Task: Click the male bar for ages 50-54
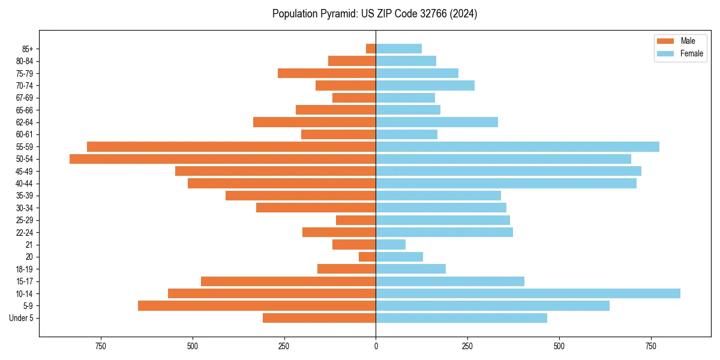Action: [x=223, y=159]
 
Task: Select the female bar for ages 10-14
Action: [x=528, y=293]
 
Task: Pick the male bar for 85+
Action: [x=371, y=49]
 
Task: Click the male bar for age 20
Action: [x=367, y=257]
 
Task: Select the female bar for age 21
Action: [x=391, y=244]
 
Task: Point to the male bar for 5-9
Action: [x=257, y=305]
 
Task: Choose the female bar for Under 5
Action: [x=461, y=318]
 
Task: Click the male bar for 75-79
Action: [x=326, y=73]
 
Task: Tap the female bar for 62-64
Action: [x=437, y=122]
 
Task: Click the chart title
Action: [x=374, y=14]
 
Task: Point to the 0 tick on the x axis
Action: [x=376, y=346]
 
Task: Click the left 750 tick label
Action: [x=100, y=346]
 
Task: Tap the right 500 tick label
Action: [x=559, y=346]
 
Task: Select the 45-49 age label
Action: [x=24, y=171]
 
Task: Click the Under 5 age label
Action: [x=21, y=318]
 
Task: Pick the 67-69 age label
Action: [x=24, y=98]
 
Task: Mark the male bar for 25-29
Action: [x=356, y=220]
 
